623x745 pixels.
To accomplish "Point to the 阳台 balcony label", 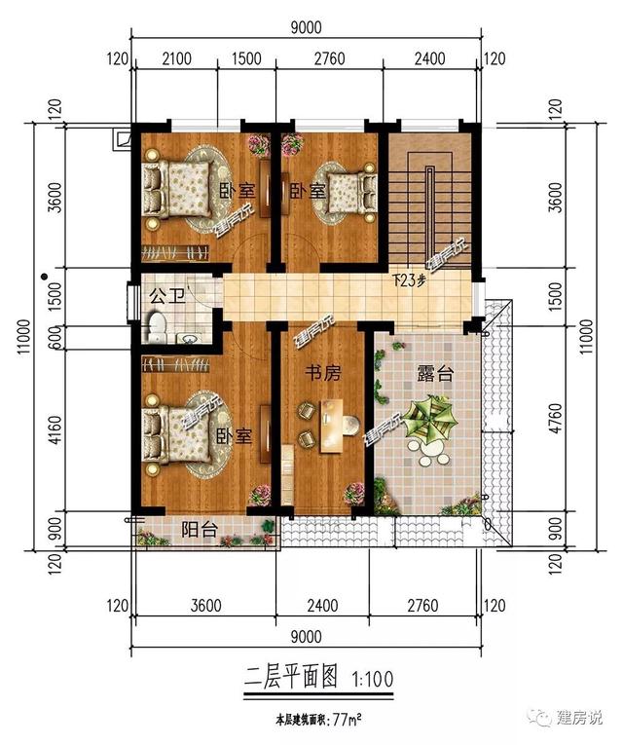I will tap(200, 530).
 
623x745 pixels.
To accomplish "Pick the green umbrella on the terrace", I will tap(430, 421).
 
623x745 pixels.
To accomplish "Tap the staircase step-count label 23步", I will tap(410, 281).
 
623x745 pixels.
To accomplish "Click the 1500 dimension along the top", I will tap(247, 59).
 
